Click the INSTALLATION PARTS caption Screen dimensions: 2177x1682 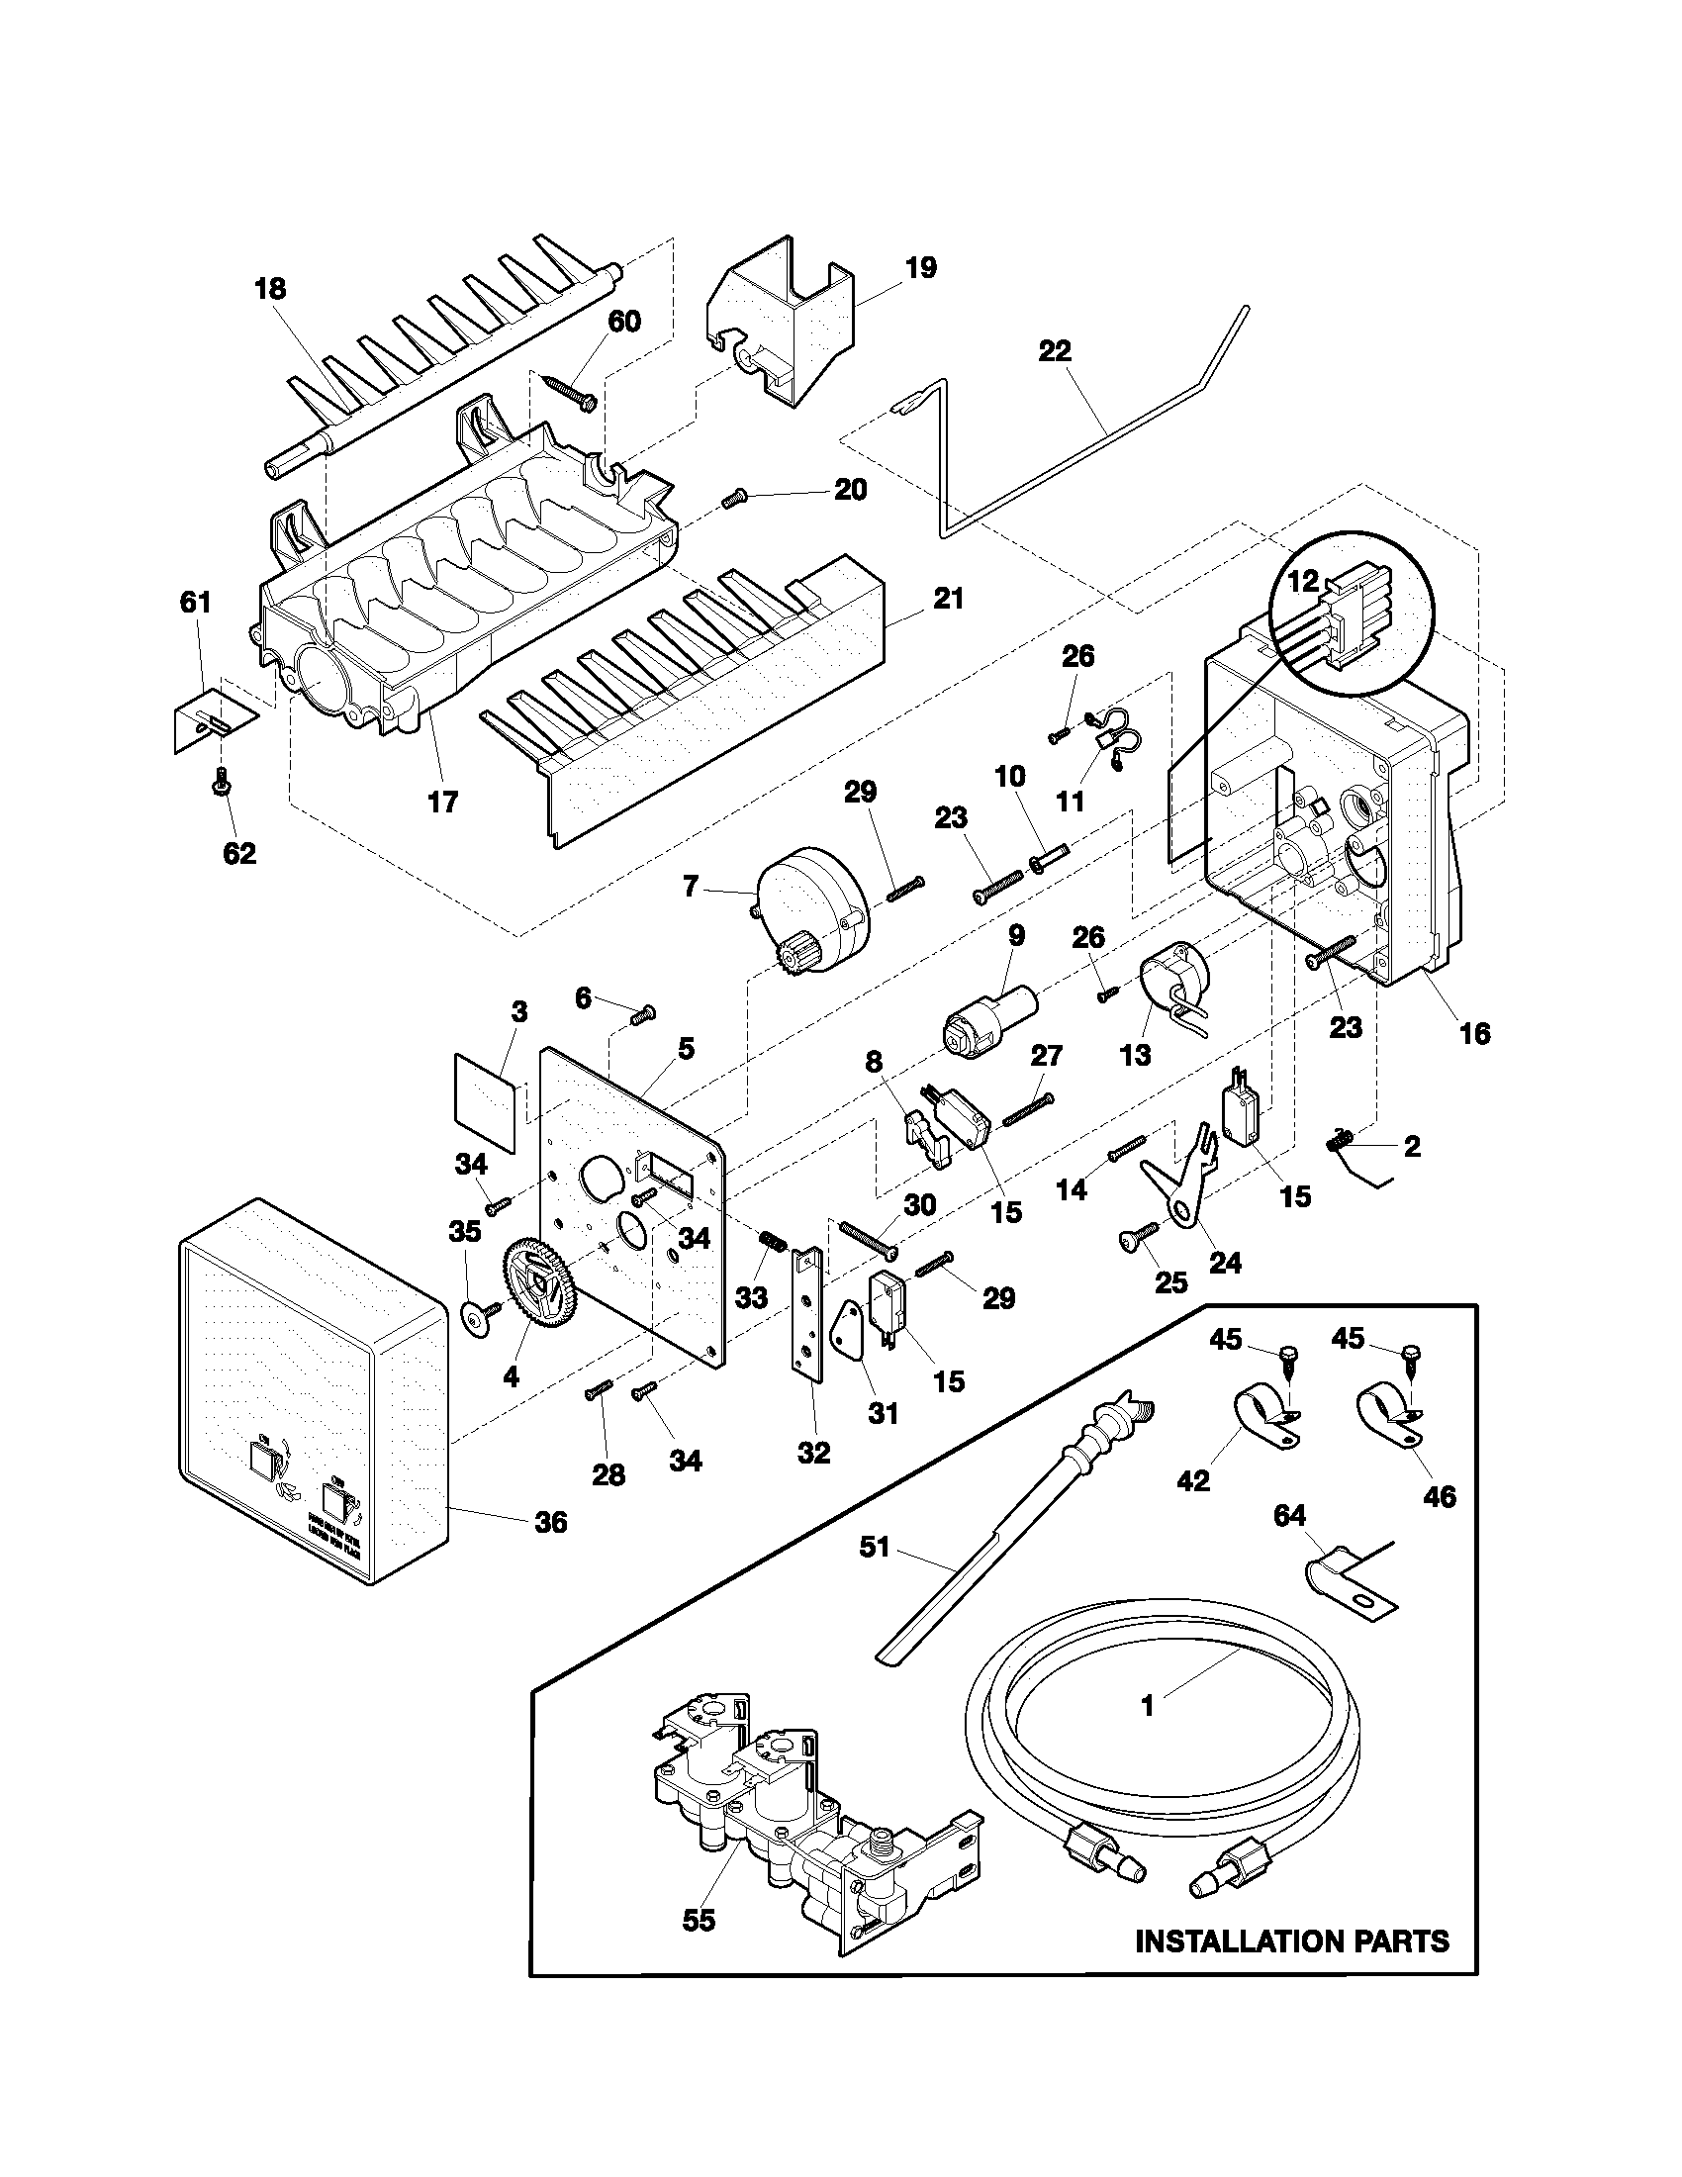tap(1292, 1969)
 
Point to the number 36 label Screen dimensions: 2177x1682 tap(550, 1550)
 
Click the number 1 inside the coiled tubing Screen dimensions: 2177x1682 tap(1147, 1705)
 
